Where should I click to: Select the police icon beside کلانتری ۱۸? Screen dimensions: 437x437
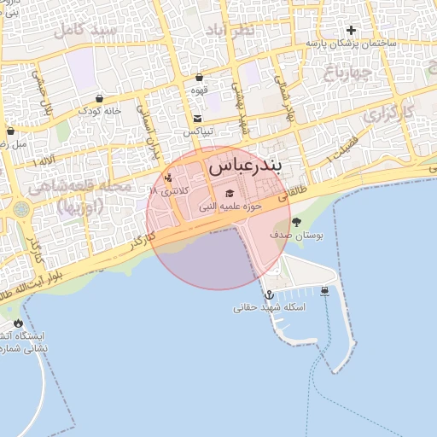coord(168,178)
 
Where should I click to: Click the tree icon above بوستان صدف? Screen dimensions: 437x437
coord(296,222)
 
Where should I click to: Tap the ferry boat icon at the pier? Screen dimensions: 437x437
coord(325,291)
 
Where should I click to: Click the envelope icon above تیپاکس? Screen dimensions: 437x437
coord(198,119)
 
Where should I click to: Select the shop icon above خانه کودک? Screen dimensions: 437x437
coord(100,98)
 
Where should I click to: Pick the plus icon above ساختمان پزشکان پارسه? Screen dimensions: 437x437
coord(350,30)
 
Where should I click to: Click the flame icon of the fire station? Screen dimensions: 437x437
coord(19,323)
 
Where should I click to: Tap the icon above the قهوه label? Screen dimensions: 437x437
coord(199,78)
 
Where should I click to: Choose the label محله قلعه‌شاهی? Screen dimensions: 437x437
coord(79,187)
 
